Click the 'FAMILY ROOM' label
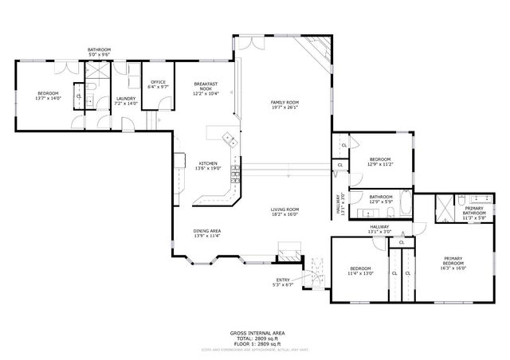[284, 103]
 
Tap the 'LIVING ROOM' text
[284, 209]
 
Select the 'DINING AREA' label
[207, 231]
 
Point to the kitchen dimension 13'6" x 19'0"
[207, 168]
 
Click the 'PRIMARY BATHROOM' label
[475, 211]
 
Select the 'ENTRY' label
[283, 280]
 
